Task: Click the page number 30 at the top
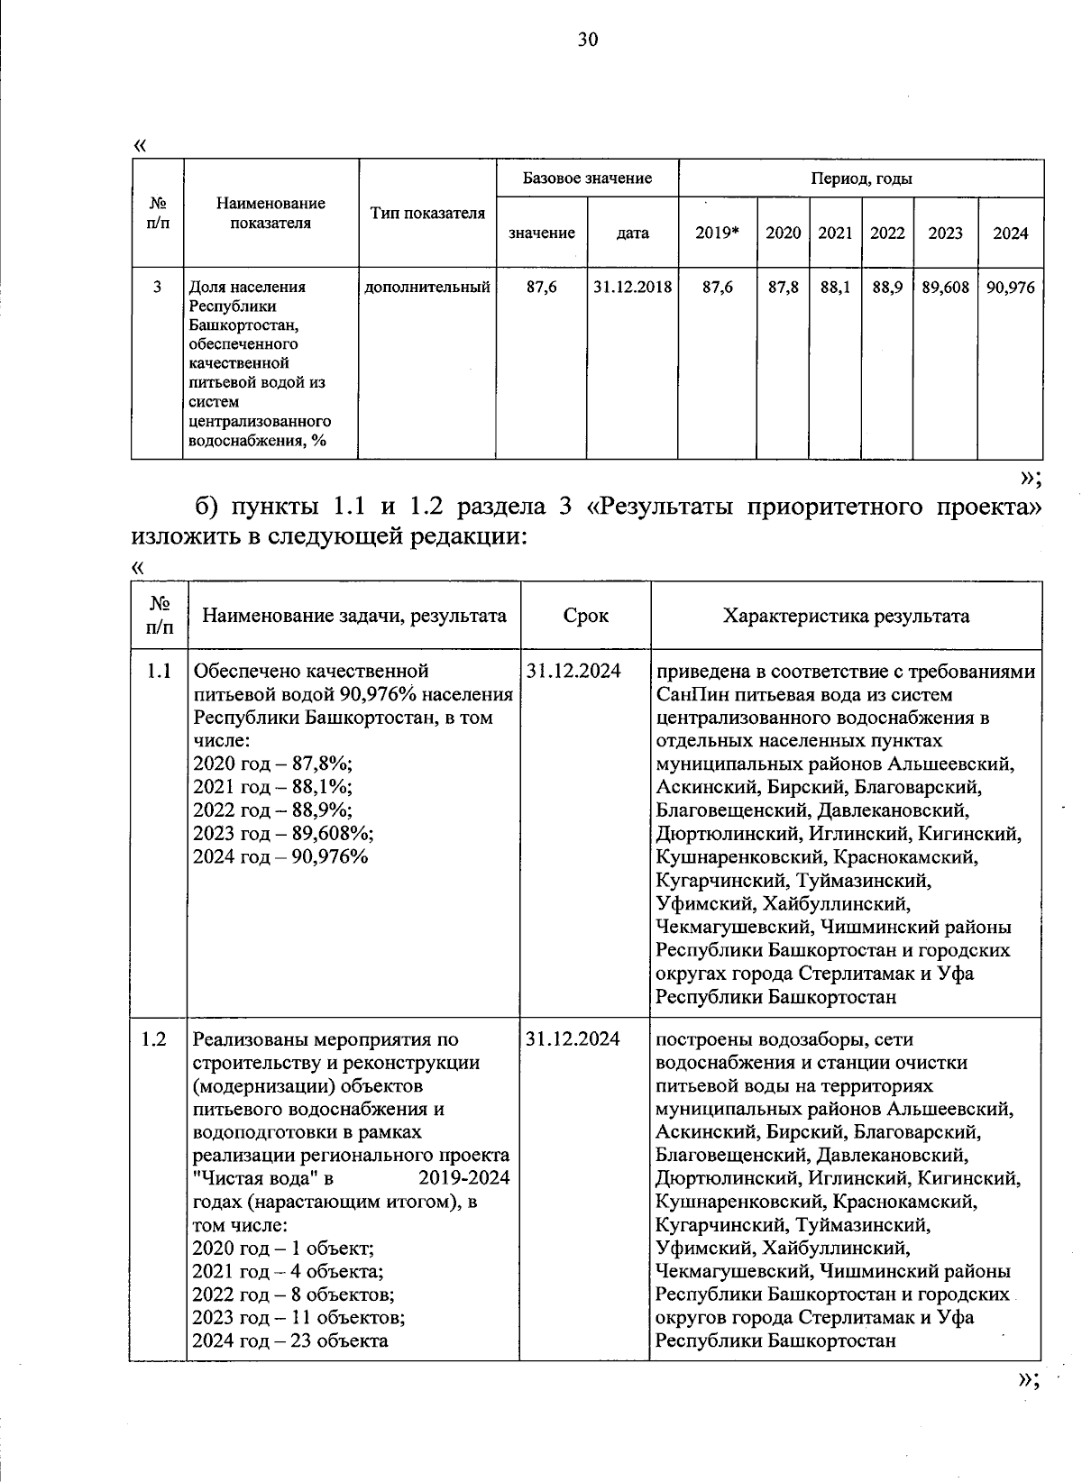point(587,39)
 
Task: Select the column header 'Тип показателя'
point(427,213)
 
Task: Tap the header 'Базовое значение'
point(587,178)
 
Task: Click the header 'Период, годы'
point(861,178)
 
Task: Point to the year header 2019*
point(717,233)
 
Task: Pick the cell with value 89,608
point(945,287)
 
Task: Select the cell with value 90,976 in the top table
point(1011,287)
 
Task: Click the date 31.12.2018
point(633,287)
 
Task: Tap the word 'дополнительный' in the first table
point(427,287)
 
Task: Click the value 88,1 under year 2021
point(835,287)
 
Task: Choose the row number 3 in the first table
point(157,287)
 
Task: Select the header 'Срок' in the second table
point(585,616)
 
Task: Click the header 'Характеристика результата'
point(846,616)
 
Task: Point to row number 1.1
point(157,671)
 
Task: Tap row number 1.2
point(155,1038)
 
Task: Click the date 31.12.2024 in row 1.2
point(573,1038)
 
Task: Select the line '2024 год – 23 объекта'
point(290,1340)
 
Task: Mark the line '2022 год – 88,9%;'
point(272,809)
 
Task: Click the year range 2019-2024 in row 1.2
point(464,1177)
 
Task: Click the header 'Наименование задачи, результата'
point(353,616)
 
